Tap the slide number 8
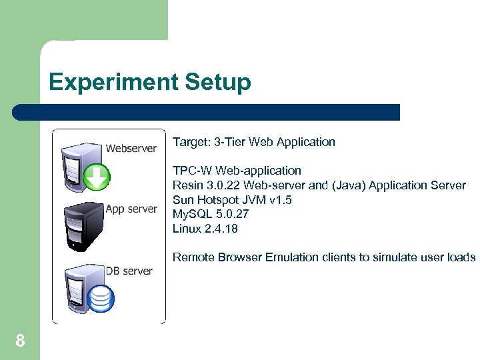click(20, 342)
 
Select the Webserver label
click(131, 148)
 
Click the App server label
click(131, 209)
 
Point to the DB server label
click(129, 271)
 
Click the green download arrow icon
click(97, 177)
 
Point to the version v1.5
click(279, 200)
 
